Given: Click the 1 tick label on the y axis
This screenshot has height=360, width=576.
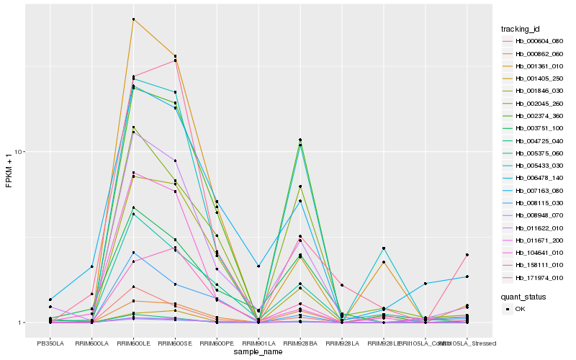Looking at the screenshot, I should pos(22,323).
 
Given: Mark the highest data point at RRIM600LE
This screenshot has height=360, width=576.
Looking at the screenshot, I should pos(133,19).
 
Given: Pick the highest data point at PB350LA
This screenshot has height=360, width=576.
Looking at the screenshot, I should pos(50,299).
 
